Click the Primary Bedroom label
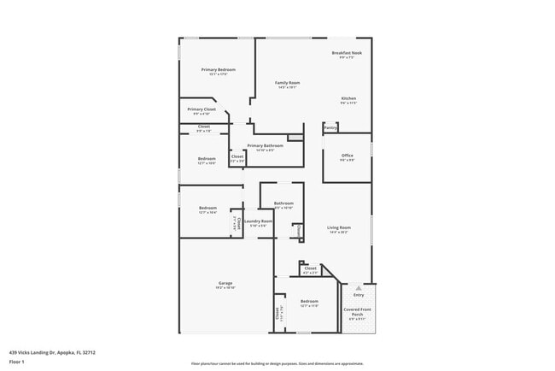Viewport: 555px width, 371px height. (x=218, y=69)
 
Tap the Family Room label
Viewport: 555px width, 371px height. (x=287, y=83)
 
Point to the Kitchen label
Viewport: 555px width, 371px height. (x=348, y=98)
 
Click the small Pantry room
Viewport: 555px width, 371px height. (x=330, y=128)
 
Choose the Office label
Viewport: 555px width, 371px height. (x=348, y=155)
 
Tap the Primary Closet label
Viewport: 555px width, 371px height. (x=202, y=109)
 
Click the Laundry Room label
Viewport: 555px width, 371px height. (x=258, y=221)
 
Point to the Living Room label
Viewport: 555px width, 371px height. (x=340, y=227)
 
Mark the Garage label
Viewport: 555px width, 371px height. (x=225, y=283)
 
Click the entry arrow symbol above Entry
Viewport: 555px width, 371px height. (x=358, y=287)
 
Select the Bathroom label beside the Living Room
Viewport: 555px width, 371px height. (x=283, y=203)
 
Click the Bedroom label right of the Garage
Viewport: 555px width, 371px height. (x=309, y=302)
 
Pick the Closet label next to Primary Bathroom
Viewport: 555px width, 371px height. (x=237, y=156)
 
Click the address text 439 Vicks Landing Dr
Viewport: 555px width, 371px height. (x=52, y=351)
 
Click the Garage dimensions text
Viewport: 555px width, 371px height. (x=225, y=287)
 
